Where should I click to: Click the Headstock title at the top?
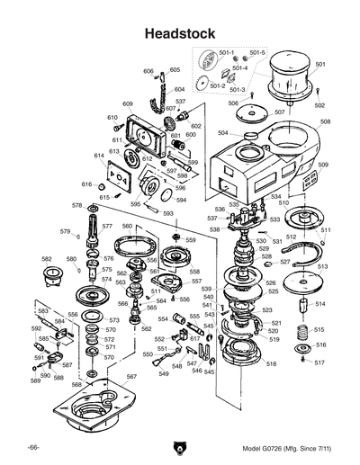180,33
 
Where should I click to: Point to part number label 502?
319,105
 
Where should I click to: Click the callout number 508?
325,121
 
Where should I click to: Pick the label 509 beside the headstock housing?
323,165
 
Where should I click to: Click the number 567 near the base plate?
131,377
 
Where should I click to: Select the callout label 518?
271,363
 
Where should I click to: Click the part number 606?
148,71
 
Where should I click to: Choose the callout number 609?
128,104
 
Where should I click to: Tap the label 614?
99,156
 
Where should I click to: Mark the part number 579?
65,232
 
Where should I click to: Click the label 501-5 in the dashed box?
257,53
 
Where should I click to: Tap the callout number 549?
164,373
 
